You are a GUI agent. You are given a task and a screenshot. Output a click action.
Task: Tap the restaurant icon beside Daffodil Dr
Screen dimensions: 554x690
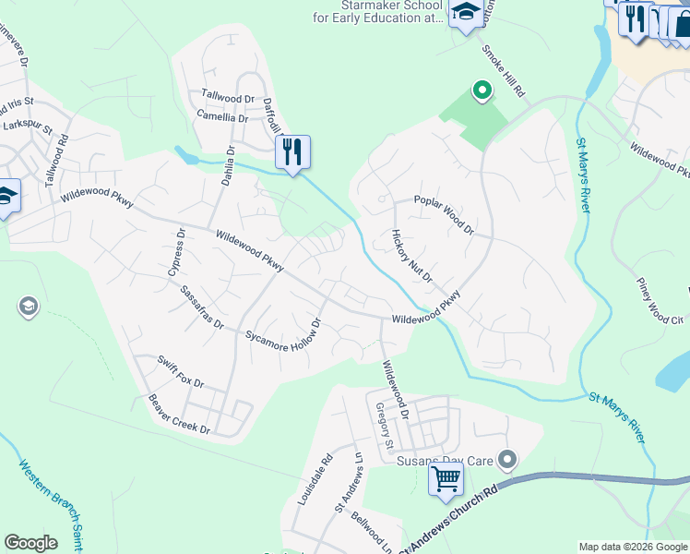pyautogui.click(x=292, y=152)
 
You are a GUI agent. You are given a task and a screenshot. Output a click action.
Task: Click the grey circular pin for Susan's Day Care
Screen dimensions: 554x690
pyautogui.click(x=506, y=459)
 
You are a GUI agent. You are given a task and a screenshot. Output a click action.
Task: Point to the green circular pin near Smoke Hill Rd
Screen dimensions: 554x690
pyautogui.click(x=481, y=90)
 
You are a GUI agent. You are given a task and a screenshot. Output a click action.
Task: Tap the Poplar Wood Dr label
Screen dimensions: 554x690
pyautogui.click(x=443, y=214)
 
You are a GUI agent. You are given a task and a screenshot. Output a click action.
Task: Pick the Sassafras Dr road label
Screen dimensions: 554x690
pyautogui.click(x=202, y=307)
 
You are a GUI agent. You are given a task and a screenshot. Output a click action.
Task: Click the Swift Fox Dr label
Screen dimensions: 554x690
pyautogui.click(x=180, y=371)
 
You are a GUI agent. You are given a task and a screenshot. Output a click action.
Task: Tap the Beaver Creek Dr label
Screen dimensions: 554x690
pyautogui.click(x=179, y=415)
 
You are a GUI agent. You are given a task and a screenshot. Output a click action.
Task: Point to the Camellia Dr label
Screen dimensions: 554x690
pyautogui.click(x=222, y=117)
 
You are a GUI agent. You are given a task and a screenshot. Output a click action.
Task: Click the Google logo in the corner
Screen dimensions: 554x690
pyautogui.click(x=30, y=543)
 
